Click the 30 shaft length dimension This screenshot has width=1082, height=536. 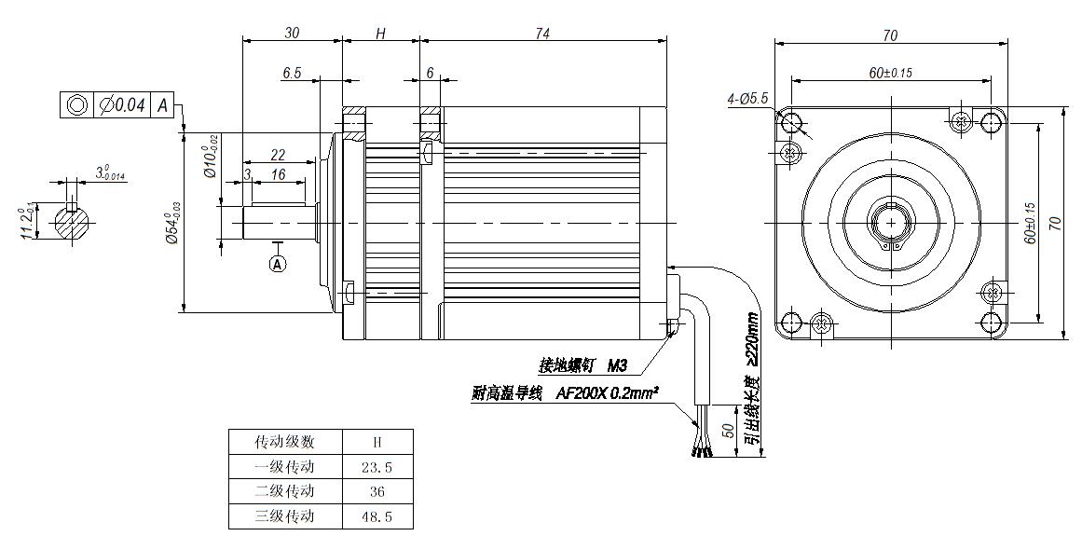pos(292,33)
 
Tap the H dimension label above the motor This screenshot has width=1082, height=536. pos(380,34)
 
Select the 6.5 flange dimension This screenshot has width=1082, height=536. pos(292,73)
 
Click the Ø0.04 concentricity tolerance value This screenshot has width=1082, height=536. pos(122,105)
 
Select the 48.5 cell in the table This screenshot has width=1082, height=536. pos(378,515)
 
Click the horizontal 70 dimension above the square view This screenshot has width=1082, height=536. pos(890,35)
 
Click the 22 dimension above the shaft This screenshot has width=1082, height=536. pos(278,154)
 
